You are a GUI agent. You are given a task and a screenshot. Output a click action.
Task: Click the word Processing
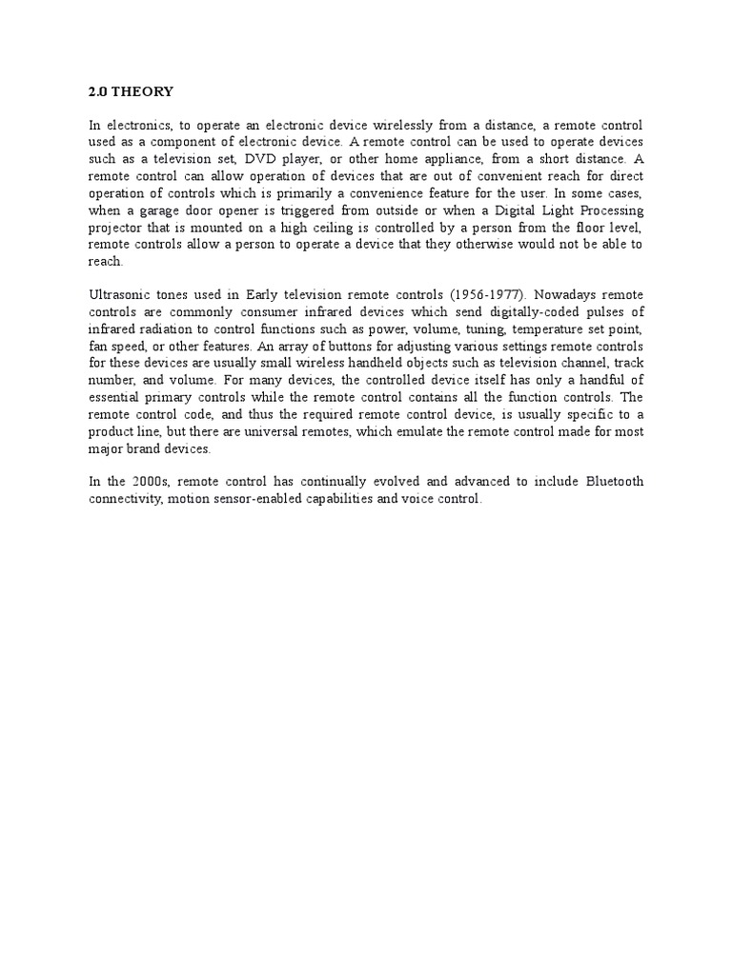[x=608, y=210]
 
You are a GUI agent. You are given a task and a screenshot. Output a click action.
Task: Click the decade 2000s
[x=148, y=482]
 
